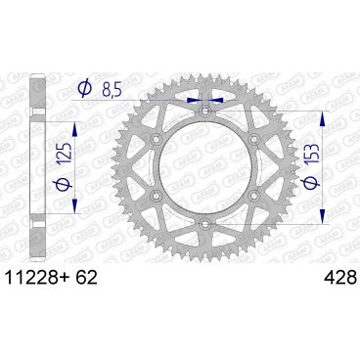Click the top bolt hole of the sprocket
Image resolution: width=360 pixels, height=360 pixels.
point(204,112)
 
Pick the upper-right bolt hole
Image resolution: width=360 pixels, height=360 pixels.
point(252,141)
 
